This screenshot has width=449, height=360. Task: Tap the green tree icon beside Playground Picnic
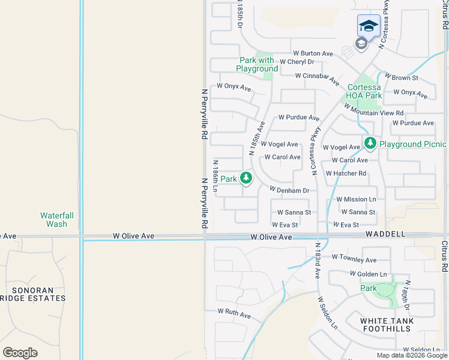[x=370, y=143]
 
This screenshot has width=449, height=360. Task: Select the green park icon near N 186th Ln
[x=246, y=178]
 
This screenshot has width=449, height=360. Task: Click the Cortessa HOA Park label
[x=364, y=91]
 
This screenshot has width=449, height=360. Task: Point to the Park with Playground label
[x=257, y=64]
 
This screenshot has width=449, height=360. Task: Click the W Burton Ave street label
[x=313, y=53]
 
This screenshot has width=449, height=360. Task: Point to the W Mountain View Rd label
[x=373, y=109]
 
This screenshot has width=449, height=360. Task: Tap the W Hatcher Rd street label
[x=346, y=173]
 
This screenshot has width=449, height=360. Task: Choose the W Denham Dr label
[x=289, y=190]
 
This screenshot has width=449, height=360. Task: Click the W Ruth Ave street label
[x=234, y=312]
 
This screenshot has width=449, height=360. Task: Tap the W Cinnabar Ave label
[x=317, y=77]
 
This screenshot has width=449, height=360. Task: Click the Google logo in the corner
[x=20, y=352]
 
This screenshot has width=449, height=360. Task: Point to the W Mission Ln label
[x=356, y=199]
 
